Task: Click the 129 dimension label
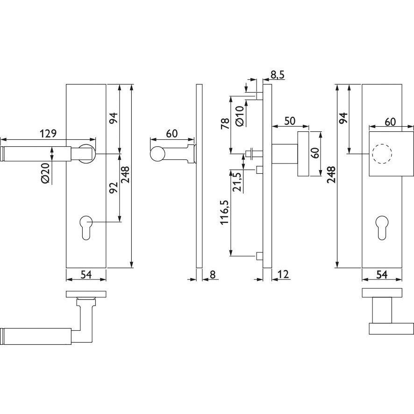point(48,133)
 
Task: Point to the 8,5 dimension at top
point(277,75)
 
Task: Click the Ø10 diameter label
point(239,115)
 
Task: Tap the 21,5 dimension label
point(237,182)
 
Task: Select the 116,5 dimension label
point(224,213)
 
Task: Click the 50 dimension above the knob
point(290,121)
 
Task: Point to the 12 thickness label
point(283,274)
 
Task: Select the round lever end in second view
point(158,154)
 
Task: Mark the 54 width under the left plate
point(86,274)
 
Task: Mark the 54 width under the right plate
point(382,274)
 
